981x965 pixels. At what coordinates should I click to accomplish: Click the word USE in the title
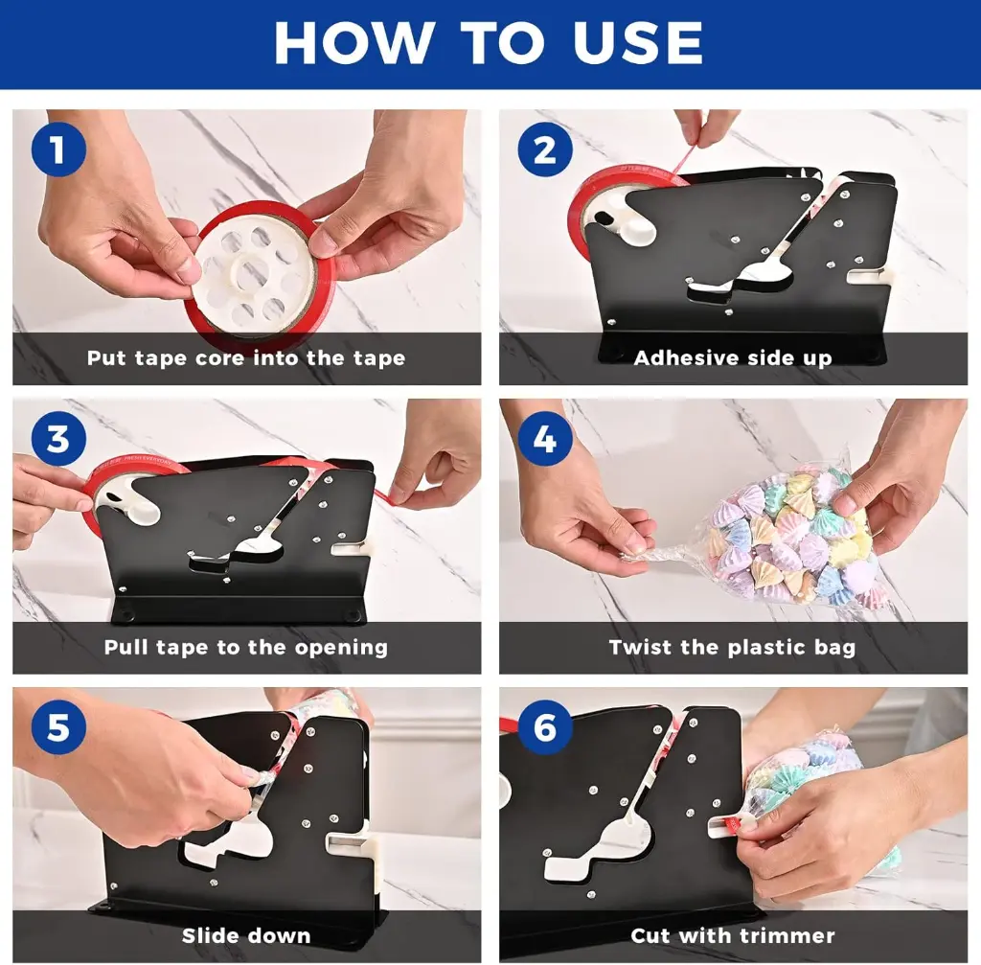pos(637,42)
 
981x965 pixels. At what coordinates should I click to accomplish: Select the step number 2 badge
pos(545,150)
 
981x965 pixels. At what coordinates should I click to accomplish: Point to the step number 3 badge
pos(58,438)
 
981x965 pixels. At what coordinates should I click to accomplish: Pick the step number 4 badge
pos(545,438)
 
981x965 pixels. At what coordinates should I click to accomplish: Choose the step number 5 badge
pos(58,727)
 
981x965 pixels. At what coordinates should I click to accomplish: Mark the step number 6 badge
pos(545,727)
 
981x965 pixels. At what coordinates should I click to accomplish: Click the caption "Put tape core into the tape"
pos(246,358)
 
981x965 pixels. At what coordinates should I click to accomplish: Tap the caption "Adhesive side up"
pos(733,358)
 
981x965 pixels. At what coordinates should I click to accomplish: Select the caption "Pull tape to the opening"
pos(246,647)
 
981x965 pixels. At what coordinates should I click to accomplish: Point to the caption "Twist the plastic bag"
pos(733,647)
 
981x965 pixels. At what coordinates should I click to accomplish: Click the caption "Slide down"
pos(246,935)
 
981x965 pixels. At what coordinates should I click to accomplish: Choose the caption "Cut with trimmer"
pos(733,935)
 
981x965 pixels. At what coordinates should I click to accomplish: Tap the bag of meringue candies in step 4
pos(788,539)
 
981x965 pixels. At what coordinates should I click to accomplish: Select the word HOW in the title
pos(354,42)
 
